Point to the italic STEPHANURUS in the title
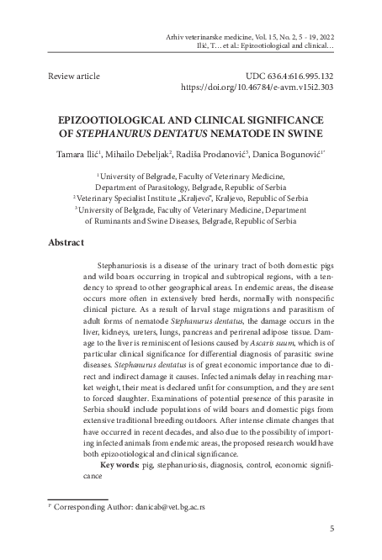click(x=149, y=133)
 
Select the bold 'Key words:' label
click(x=123, y=464)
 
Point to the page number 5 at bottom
click(x=332, y=528)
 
